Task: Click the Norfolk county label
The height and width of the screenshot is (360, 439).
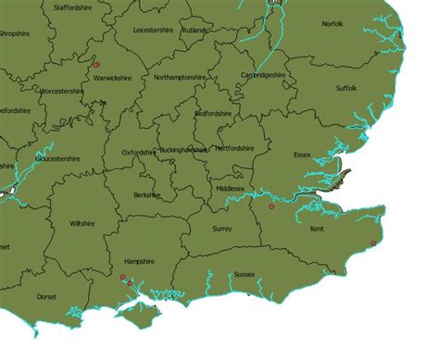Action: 332,49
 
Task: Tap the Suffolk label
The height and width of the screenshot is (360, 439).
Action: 346,89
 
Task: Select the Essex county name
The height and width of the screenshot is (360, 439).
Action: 302,155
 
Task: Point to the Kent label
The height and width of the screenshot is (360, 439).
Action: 317,229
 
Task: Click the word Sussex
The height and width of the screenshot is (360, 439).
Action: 245,275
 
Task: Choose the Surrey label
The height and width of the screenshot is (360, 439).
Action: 222,228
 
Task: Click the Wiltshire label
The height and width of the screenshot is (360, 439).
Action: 82,224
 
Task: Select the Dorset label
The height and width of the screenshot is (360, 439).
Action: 46,297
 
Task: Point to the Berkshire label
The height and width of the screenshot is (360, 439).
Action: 147,195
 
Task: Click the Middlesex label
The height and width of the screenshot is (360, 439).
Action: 231,189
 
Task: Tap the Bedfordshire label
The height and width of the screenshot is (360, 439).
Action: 213,114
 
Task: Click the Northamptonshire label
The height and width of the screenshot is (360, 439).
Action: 180,77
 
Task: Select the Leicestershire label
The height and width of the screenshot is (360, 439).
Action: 154,30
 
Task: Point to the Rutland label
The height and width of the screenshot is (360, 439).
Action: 194,30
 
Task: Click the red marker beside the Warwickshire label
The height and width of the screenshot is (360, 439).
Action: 95,65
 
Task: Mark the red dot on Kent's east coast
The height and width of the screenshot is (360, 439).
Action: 373,243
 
